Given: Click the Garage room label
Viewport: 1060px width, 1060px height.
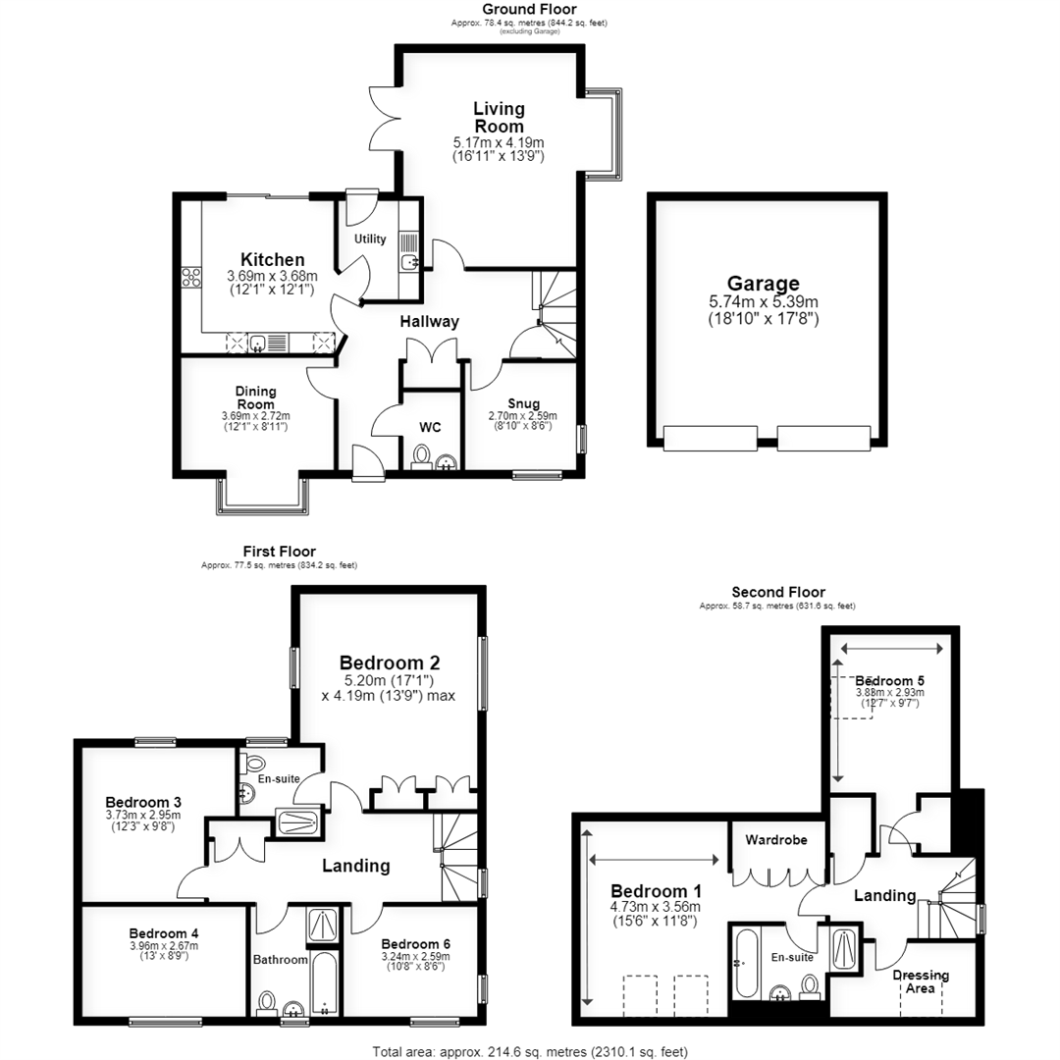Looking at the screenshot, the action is click(x=764, y=284).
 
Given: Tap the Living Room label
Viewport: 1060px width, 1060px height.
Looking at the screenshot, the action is click(x=499, y=118).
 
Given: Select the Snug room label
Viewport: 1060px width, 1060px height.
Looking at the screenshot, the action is click(x=523, y=403).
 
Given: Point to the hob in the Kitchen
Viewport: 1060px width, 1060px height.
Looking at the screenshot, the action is click(x=191, y=277).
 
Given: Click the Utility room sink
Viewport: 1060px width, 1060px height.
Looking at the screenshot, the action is click(x=409, y=262).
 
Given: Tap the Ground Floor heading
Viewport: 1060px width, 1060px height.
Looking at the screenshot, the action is click(x=529, y=10).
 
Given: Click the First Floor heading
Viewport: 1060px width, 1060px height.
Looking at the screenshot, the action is click(x=279, y=552).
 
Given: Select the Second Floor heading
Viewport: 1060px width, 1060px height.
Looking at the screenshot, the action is click(x=778, y=592).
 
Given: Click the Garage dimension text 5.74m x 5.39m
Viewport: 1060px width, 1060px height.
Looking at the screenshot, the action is click(x=764, y=302).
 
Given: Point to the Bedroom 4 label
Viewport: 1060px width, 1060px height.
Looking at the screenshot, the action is click(x=164, y=933).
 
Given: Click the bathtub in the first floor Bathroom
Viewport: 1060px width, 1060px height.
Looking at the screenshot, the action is click(x=325, y=984).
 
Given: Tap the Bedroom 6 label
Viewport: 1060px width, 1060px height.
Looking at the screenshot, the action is click(x=416, y=944).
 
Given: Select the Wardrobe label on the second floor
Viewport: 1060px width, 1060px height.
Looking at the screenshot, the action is click(x=776, y=839).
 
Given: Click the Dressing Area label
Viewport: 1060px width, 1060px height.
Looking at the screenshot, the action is click(x=921, y=981).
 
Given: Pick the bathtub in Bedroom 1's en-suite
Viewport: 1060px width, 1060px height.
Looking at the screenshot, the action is click(x=746, y=964).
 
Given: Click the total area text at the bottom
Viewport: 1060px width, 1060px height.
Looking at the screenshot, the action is click(x=530, y=1052).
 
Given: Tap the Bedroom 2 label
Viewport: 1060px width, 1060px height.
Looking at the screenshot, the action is click(x=390, y=662).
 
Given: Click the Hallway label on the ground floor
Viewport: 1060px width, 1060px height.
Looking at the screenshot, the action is click(x=429, y=322).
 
